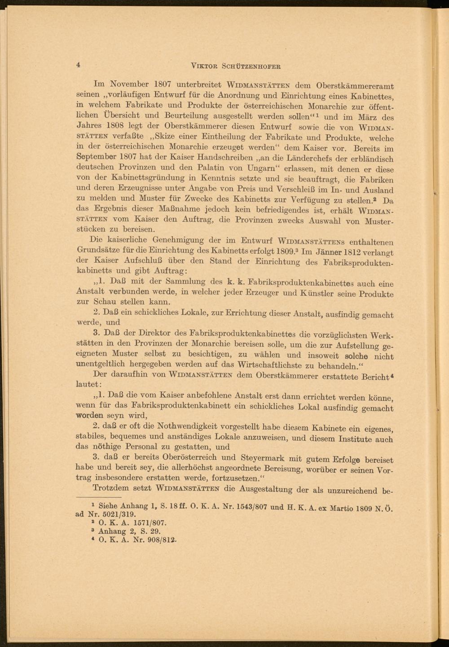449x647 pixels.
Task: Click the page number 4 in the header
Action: point(79,65)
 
